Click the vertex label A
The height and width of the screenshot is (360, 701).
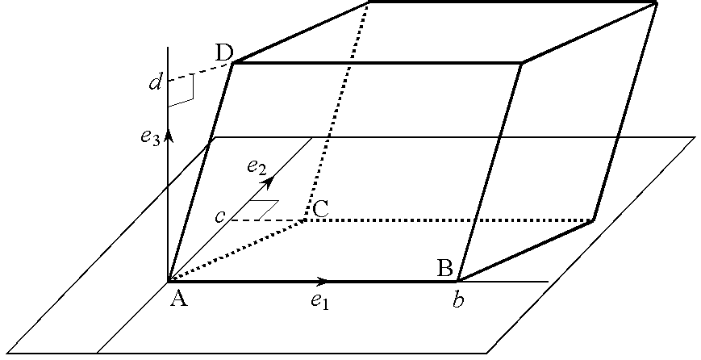[179, 299]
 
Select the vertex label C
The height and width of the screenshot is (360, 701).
[320, 208]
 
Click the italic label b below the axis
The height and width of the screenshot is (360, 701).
[458, 301]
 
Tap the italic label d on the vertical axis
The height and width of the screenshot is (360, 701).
[156, 82]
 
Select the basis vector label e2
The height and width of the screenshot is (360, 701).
[257, 167]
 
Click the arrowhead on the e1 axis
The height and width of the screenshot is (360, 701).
[322, 281]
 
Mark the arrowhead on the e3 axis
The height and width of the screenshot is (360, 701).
[168, 134]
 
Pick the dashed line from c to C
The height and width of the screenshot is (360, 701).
[266, 219]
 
